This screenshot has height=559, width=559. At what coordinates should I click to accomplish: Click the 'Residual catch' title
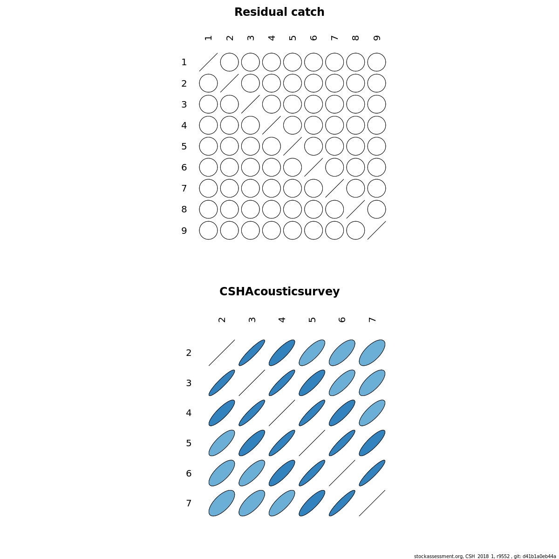click(279, 12)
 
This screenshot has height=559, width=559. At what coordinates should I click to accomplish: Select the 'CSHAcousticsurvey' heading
click(279, 292)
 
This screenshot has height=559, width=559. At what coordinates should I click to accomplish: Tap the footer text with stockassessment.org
click(485, 556)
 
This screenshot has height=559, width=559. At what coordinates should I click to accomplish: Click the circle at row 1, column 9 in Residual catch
click(376, 54)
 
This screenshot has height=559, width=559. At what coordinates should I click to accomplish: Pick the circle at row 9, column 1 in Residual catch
click(208, 222)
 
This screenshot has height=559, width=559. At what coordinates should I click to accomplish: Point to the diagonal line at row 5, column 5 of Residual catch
click(293, 146)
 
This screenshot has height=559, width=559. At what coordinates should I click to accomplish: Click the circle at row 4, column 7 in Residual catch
click(334, 116)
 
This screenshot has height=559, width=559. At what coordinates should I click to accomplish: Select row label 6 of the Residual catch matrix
click(184, 167)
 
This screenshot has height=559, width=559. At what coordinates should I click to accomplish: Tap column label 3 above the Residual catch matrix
click(251, 38)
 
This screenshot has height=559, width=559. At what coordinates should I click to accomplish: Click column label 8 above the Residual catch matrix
click(355, 38)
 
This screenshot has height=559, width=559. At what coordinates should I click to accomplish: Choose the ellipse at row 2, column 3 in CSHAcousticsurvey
click(252, 353)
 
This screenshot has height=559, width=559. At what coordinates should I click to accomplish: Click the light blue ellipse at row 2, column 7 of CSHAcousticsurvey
click(372, 353)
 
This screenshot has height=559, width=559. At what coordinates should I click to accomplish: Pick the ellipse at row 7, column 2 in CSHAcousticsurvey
click(222, 503)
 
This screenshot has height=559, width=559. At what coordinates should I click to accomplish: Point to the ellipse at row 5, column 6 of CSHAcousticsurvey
click(342, 443)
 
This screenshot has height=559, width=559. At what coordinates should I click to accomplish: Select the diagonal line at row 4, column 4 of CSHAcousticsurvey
click(282, 413)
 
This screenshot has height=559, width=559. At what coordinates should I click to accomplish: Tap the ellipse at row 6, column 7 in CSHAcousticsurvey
click(372, 473)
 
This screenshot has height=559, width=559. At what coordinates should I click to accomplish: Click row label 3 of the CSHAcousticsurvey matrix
click(189, 383)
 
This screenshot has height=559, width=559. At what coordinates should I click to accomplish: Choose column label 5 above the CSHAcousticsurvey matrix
click(312, 320)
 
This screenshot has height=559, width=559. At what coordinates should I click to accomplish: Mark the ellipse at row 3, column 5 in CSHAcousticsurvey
click(312, 383)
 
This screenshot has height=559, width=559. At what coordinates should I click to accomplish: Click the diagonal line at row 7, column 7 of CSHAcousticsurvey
click(372, 503)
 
